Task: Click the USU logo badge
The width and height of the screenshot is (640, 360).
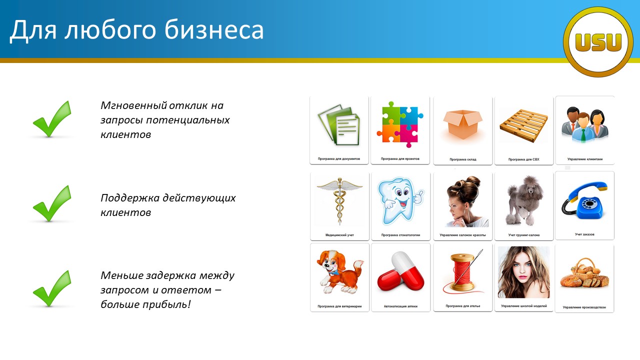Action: click(598, 42)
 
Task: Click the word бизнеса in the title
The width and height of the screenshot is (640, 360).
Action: click(214, 29)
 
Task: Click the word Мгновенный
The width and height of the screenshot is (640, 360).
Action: click(133, 105)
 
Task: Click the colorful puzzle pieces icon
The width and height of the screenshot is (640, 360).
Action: click(400, 124)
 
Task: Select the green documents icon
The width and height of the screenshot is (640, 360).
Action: click(339, 125)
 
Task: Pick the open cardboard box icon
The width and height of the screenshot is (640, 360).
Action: click(462, 125)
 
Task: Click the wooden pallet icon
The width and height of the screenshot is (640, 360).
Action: click(523, 125)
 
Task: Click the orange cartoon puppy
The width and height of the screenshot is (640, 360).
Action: click(339, 271)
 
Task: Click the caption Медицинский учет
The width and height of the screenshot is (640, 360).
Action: click(339, 235)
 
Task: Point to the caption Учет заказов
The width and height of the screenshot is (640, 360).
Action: click(584, 234)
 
